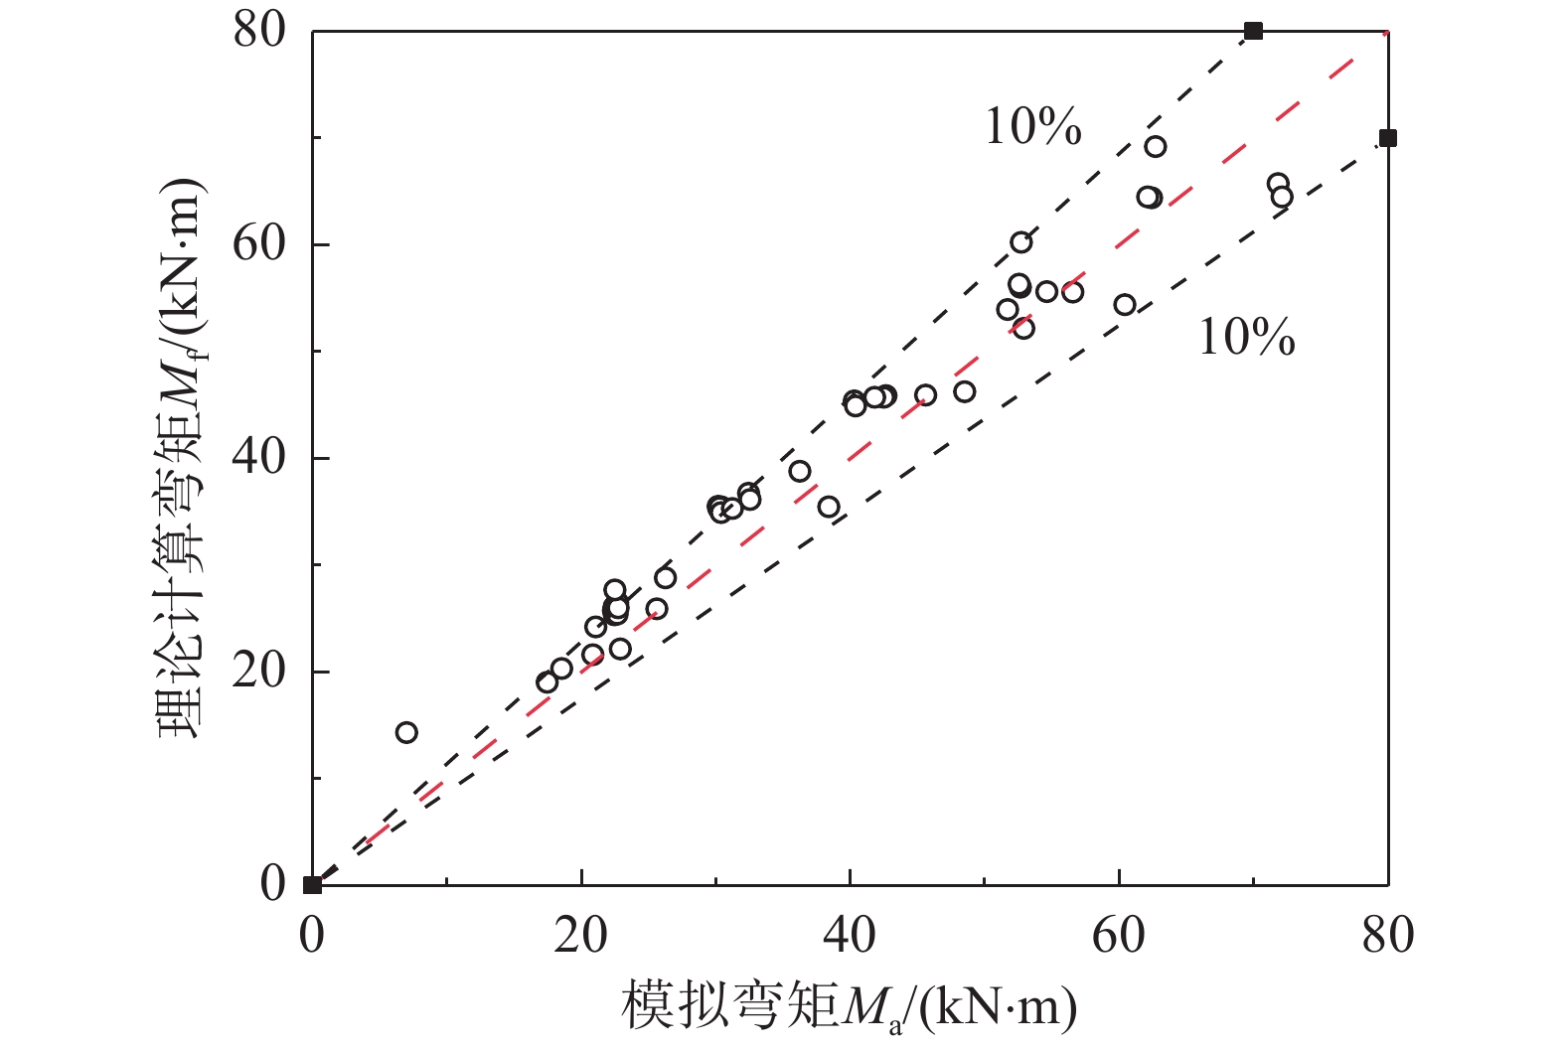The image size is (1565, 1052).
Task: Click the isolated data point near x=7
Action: (x=406, y=733)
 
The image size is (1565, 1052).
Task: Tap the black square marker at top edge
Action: (x=1253, y=31)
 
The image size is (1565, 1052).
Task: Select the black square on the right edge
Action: (x=1387, y=138)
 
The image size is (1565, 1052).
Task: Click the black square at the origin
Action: (x=313, y=884)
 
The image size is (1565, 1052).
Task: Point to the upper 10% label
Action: (x=1032, y=127)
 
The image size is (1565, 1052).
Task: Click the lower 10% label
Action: (x=1246, y=338)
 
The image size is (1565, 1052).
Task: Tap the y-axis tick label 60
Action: (x=259, y=244)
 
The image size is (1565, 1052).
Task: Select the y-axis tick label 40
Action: (x=259, y=458)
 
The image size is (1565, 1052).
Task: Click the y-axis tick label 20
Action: (x=259, y=672)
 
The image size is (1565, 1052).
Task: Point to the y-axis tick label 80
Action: (x=259, y=31)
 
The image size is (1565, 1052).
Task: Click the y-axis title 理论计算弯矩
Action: (x=181, y=457)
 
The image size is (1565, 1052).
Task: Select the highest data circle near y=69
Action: (x=1155, y=147)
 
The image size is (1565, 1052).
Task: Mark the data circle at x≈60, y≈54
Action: (x=1125, y=305)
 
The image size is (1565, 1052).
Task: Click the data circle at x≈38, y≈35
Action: (x=829, y=508)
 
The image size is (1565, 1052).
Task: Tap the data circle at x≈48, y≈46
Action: (x=964, y=392)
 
